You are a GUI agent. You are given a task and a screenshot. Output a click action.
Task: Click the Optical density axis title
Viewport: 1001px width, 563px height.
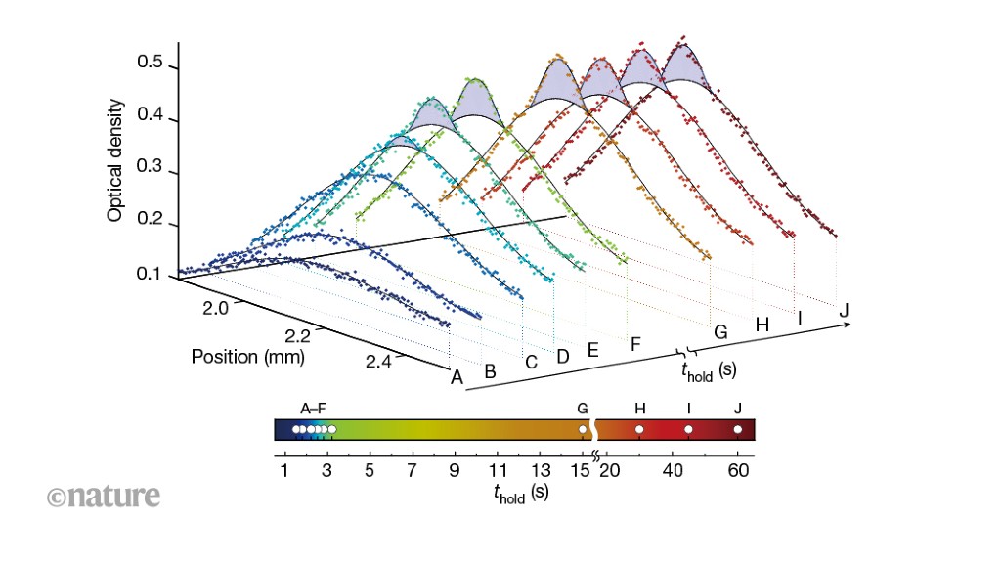point(115,159)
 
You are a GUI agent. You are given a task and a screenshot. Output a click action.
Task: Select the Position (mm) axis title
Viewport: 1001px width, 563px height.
point(248,357)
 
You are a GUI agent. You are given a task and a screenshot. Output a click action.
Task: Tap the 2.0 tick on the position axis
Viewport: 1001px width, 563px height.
point(215,309)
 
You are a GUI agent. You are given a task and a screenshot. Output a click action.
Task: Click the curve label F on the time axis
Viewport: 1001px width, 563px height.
point(635,343)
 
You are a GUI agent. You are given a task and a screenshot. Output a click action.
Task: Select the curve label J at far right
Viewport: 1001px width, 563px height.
point(843,310)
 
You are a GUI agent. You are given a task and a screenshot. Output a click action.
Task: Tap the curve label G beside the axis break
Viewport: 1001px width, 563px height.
point(720,332)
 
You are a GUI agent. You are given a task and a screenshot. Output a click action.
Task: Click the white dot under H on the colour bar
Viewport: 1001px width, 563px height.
point(639,429)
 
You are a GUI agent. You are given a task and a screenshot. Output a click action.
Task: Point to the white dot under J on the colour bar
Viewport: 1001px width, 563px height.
point(738,429)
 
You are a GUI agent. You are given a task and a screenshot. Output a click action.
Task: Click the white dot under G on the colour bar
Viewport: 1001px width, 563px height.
point(583,429)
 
